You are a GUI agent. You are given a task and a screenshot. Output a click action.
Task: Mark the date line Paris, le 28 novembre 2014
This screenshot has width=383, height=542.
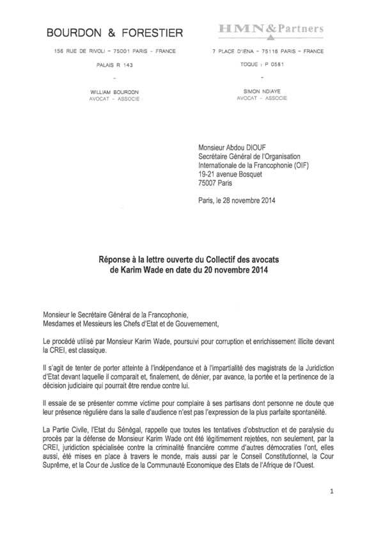[240, 201]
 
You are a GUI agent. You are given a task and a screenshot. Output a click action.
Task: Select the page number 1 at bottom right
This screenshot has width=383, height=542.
[334, 510]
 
